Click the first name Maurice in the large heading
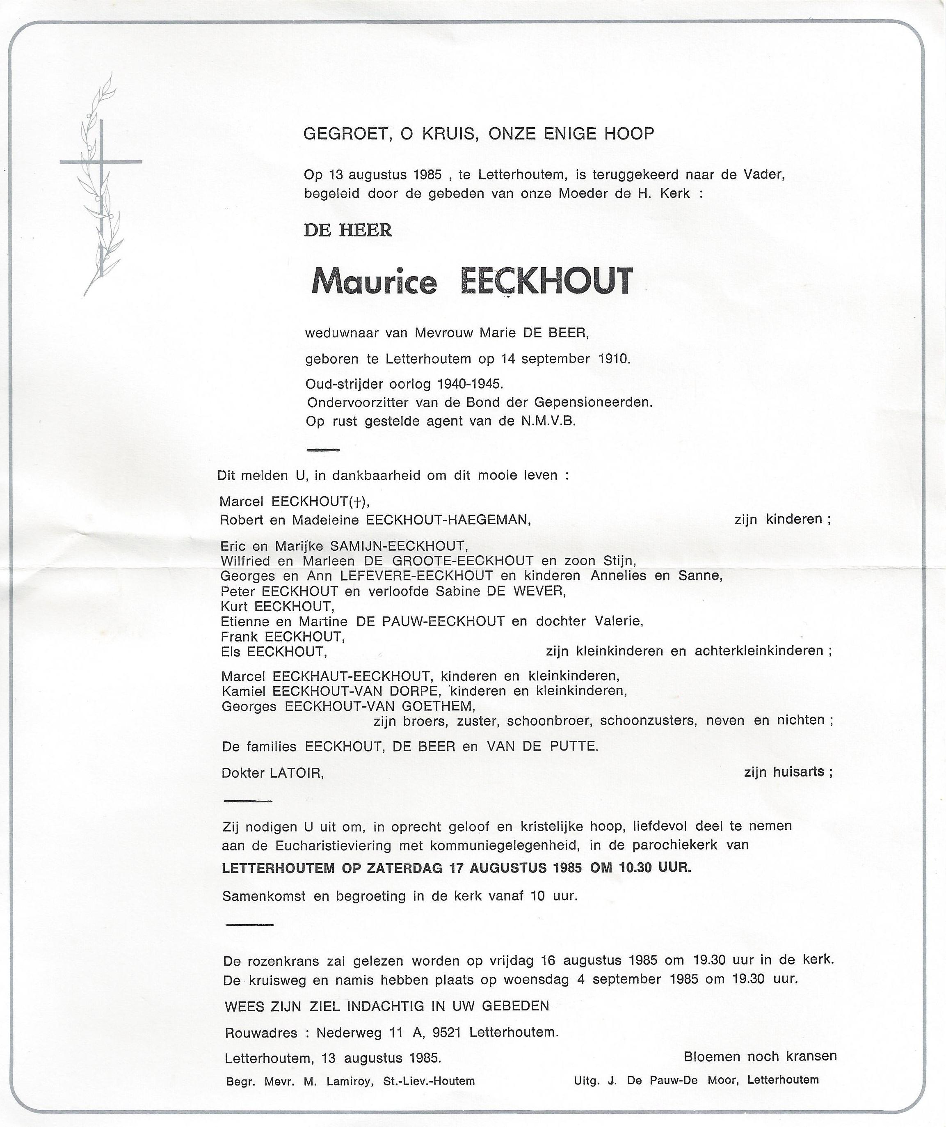click(x=374, y=282)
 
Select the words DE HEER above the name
click(x=347, y=230)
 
